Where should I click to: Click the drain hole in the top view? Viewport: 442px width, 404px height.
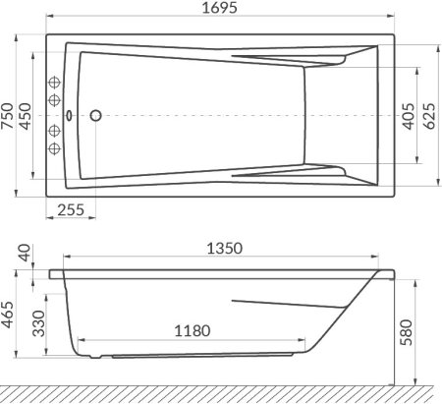tap(95, 115)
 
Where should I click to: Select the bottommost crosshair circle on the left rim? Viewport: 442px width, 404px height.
tap(56, 148)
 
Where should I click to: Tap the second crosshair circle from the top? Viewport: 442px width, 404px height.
tap(56, 104)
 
